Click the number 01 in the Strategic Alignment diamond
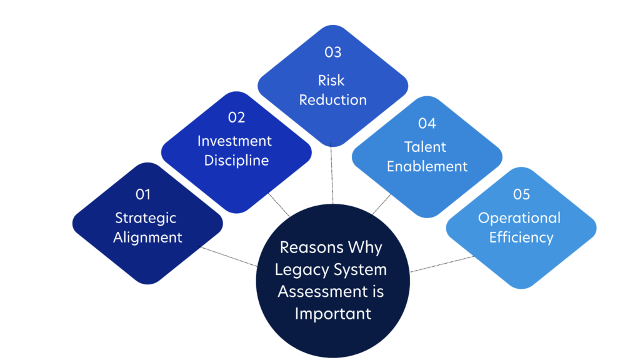[143, 194]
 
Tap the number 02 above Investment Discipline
[236, 117]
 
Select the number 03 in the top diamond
[332, 52]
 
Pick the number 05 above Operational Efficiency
[521, 194]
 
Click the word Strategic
[146, 218]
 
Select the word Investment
[234, 141]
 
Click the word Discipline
[236, 161]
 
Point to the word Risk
[331, 81]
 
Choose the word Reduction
[332, 100]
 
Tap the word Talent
[425, 147]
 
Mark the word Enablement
[427, 166]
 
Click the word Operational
[519, 218]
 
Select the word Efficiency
[521, 237]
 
